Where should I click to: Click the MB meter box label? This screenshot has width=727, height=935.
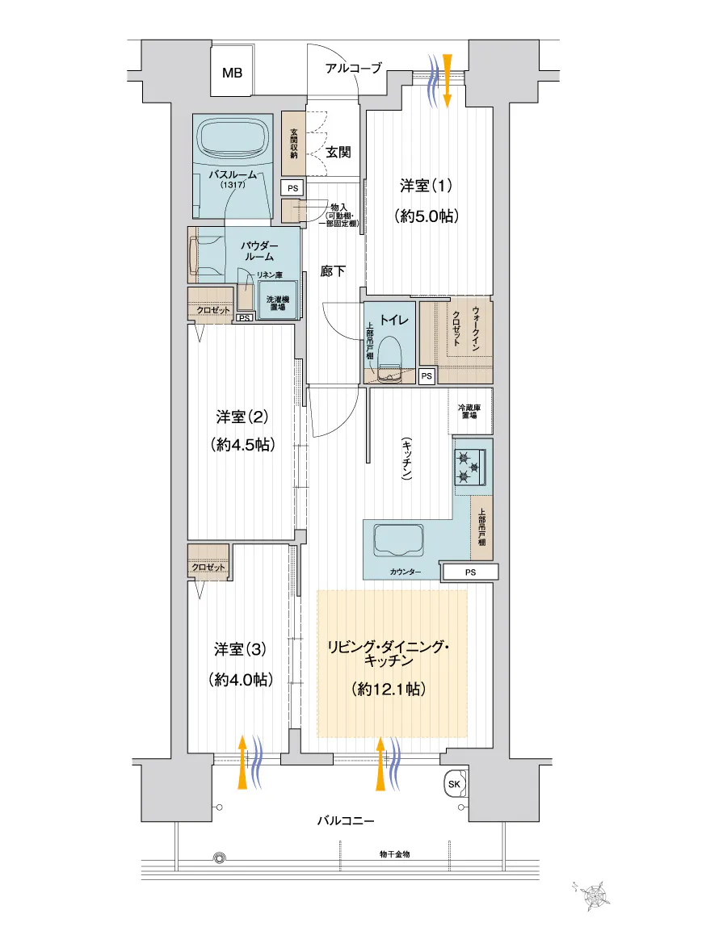click(x=232, y=73)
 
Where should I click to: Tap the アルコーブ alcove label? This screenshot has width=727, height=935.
click(x=353, y=68)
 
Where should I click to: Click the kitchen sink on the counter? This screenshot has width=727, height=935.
click(x=398, y=539)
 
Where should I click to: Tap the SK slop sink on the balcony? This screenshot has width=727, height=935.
click(x=455, y=783)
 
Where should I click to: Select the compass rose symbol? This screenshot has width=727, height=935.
click(x=591, y=895)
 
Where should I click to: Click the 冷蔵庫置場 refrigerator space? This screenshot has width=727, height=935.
click(x=470, y=411)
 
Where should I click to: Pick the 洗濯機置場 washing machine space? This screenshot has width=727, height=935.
click(x=278, y=303)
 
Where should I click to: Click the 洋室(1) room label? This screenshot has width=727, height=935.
click(x=425, y=186)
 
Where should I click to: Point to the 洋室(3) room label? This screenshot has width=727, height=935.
click(x=240, y=649)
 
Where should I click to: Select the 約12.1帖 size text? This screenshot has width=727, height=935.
click(x=389, y=690)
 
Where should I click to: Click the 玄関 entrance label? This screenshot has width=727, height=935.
click(x=338, y=152)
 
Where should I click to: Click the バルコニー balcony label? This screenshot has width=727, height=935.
click(x=346, y=820)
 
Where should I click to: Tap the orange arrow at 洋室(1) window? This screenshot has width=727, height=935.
click(x=448, y=81)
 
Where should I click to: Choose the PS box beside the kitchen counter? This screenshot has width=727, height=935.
click(x=470, y=572)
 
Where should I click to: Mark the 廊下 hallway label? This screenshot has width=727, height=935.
click(x=333, y=271)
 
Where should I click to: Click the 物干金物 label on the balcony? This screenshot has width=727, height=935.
click(x=395, y=854)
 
